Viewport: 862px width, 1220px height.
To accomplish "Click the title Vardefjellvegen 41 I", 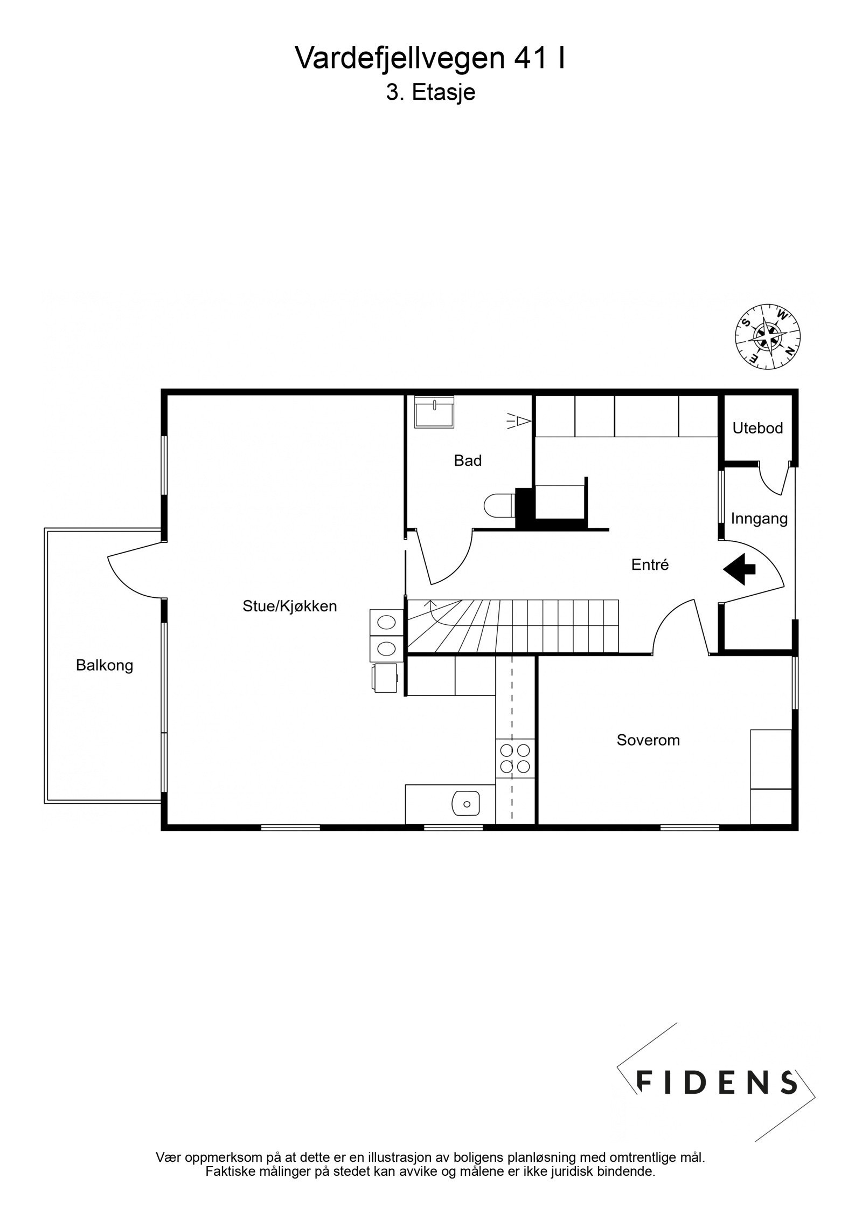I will [430, 58].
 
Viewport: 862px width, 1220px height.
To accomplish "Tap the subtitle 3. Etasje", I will [430, 93].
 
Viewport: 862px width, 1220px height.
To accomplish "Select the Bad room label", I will [467, 460].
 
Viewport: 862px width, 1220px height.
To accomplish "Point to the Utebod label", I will [757, 428].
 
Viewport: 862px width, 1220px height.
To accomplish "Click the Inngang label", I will [759, 519].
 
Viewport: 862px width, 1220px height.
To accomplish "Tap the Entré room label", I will [650, 564].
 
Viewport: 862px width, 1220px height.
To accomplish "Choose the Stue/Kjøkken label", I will [289, 606].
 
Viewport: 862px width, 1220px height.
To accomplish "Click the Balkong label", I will [104, 665].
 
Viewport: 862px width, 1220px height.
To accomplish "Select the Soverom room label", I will [648, 740].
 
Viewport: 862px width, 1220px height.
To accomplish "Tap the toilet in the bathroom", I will [498, 506].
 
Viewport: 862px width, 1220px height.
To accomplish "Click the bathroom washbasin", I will [434, 412].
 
